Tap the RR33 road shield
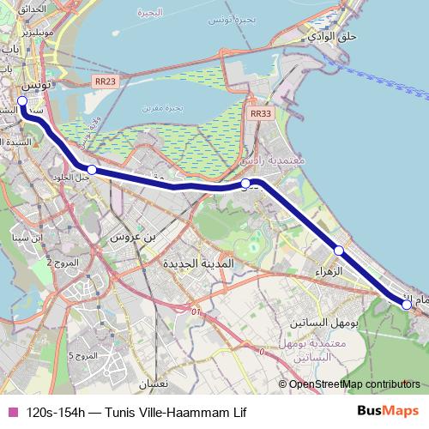[x=262, y=112]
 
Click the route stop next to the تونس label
[x=23, y=100]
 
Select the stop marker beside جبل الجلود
[x=92, y=171]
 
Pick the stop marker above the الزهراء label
[x=339, y=251]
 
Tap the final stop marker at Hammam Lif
[x=407, y=303]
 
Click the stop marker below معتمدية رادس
[x=245, y=184]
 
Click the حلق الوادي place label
[x=335, y=36]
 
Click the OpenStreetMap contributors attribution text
[x=354, y=385]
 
